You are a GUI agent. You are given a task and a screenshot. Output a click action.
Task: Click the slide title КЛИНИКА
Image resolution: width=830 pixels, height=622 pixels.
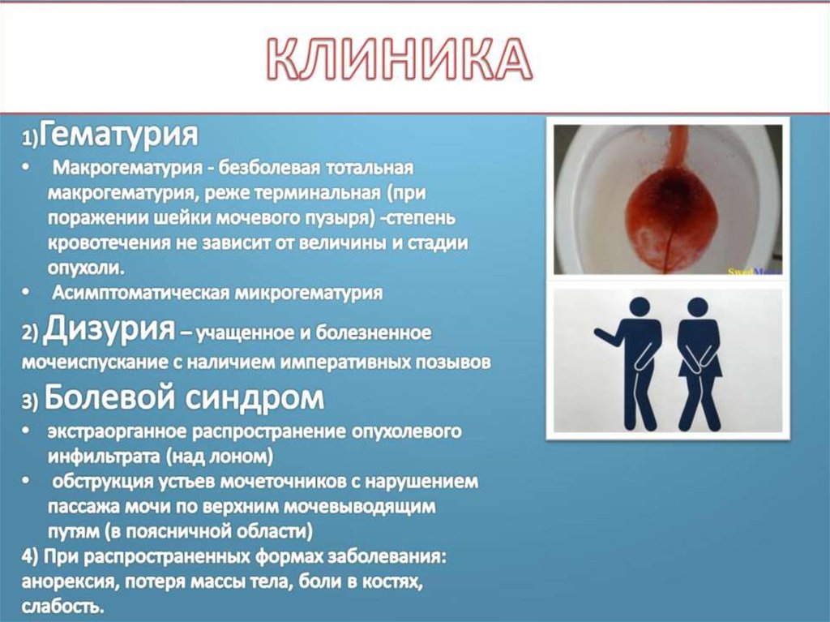coord(399,59)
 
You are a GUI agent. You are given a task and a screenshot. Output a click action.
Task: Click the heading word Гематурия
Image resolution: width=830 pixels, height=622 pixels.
coord(118,135)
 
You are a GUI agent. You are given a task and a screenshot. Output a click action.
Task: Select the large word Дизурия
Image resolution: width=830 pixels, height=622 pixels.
coord(109,328)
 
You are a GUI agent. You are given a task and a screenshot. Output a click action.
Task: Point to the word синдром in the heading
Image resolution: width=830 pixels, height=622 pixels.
coord(255,398)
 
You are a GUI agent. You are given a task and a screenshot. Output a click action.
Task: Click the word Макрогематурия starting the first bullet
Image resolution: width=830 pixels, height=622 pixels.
coord(127,169)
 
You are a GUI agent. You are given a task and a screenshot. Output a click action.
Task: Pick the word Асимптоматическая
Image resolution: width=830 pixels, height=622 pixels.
coord(140,293)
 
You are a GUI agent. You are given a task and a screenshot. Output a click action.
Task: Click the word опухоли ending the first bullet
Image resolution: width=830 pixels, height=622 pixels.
coord(86,268)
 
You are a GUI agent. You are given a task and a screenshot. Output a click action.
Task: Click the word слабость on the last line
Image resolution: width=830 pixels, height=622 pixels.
coord(62,607)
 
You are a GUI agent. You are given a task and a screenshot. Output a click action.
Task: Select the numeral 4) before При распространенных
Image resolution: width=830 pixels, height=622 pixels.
coord(30,557)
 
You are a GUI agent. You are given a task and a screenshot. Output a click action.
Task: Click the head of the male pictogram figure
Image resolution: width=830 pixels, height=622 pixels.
coord(640,307)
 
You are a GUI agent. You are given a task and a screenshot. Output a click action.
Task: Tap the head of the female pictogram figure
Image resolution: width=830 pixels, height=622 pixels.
coord(697,307)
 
